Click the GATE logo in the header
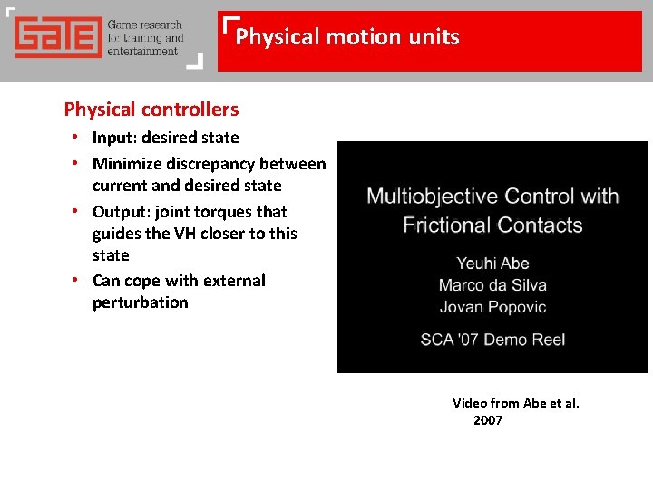[56, 37]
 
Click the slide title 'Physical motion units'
[347, 37]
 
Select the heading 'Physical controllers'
[151, 110]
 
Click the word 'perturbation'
[140, 302]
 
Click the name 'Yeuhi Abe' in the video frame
[492, 264]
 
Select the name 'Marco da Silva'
[492, 285]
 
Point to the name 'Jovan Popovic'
[492, 307]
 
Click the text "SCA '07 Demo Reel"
[492, 340]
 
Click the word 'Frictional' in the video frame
[450, 224]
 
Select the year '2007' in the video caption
[488, 420]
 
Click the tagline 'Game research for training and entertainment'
[145, 38]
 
